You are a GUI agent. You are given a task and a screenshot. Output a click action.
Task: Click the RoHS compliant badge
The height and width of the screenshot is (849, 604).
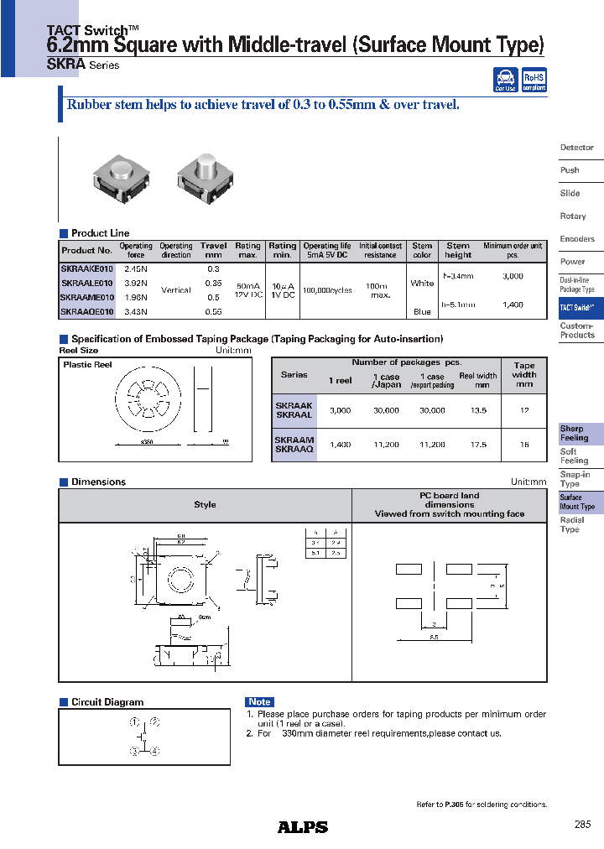tap(534, 81)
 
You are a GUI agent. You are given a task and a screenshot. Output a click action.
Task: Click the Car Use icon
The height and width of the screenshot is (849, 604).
tap(506, 81)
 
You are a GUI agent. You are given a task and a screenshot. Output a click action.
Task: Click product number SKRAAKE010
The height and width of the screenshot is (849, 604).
tap(86, 268)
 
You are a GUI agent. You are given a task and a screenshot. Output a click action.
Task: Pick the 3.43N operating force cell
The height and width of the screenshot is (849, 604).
tap(135, 312)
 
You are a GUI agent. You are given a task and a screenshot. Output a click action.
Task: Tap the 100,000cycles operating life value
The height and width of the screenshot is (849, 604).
tap(326, 289)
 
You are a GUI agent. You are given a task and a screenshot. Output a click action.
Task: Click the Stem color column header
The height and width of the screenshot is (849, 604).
tap(422, 251)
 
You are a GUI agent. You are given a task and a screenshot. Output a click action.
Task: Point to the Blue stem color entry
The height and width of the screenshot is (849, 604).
tap(422, 312)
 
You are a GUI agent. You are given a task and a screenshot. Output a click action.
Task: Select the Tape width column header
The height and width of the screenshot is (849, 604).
tap(524, 374)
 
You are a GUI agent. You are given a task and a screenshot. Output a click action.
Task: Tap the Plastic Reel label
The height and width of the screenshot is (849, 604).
tap(87, 365)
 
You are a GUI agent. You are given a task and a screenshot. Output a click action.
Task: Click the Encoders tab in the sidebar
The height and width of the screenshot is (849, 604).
tap(577, 239)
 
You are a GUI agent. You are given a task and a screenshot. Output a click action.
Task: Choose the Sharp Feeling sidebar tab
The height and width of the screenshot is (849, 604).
tap(575, 434)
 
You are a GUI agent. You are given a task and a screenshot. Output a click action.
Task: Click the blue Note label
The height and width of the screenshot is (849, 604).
tap(260, 702)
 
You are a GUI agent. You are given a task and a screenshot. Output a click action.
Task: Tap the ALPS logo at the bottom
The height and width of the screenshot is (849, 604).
tap(303, 826)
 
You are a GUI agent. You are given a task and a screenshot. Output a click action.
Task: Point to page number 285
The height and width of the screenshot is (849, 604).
tap(583, 825)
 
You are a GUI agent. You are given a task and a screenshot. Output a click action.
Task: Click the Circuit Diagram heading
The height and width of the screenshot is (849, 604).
tap(107, 702)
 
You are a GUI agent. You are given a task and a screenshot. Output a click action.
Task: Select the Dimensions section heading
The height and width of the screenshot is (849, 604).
tap(98, 482)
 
